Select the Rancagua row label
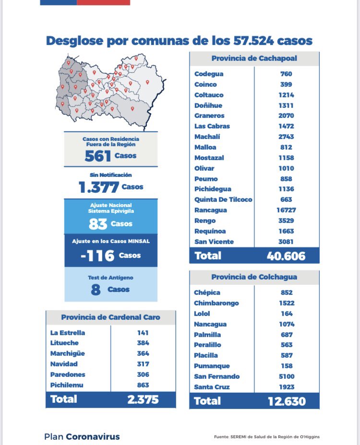pyautogui.click(x=211, y=210)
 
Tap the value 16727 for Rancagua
pyautogui.click(x=287, y=210)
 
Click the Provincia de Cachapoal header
pyautogui.click(x=254, y=59)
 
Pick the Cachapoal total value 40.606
pyautogui.click(x=286, y=256)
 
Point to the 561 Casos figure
pyautogui.click(x=98, y=156)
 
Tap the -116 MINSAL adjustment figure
pyautogui.click(x=97, y=256)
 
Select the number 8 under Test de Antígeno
pyautogui.click(x=96, y=290)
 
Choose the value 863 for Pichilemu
pyautogui.click(x=143, y=385)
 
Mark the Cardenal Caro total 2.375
pyautogui.click(x=143, y=399)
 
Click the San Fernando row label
pyautogui.click(x=217, y=376)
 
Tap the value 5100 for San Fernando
pyautogui.click(x=287, y=376)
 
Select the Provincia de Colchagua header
pyautogui.click(x=254, y=277)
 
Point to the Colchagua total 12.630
pyautogui.click(x=286, y=401)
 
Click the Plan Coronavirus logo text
pyautogui.click(x=82, y=437)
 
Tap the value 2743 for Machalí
pyautogui.click(x=287, y=137)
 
